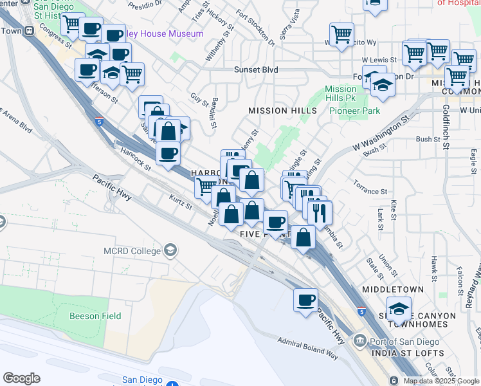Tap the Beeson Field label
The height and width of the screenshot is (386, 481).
coord(94,316)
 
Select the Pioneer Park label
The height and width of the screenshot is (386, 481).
coord(354,111)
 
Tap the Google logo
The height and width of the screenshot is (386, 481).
coord(22,378)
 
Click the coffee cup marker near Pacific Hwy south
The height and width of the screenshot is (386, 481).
coord(305,299)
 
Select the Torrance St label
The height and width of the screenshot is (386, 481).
coord(370,191)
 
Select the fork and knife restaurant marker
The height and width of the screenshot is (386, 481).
coord(320,212)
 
